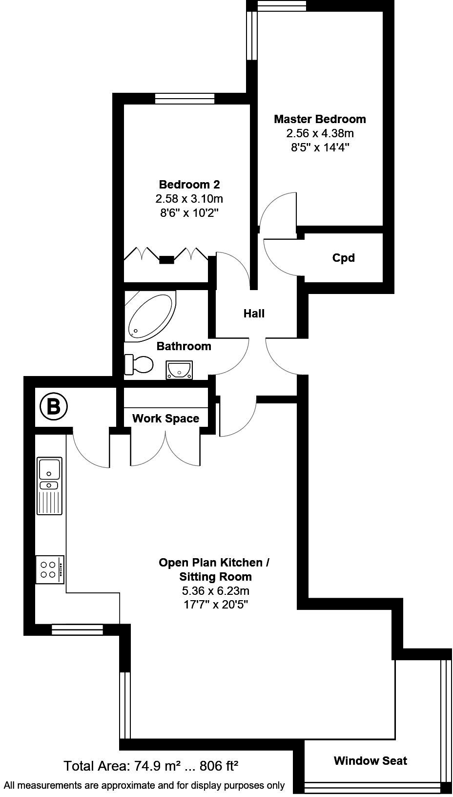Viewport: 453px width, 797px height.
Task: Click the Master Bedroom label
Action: tap(320, 119)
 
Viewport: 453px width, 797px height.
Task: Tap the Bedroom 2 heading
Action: tap(189, 185)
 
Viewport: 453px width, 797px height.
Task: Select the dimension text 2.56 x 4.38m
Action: tap(320, 133)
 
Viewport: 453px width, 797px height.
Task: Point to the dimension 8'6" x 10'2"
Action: tap(189, 213)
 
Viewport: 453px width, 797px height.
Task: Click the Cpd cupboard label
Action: tap(343, 258)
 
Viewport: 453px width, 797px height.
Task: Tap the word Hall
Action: tap(254, 314)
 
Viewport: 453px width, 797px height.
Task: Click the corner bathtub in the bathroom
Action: tap(149, 316)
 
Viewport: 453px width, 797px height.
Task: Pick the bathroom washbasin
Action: tap(179, 370)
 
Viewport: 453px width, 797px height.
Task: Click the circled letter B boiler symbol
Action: tap(53, 406)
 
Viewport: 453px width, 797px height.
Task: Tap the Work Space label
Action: tap(165, 419)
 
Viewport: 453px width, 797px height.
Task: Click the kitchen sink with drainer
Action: tap(49, 485)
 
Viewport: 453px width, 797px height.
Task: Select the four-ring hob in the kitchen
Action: tap(49, 569)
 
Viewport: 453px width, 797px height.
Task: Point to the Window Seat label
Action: tap(370, 760)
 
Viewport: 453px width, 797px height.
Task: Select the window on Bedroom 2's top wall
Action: tap(185, 99)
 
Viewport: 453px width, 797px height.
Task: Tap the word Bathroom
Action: tap(184, 346)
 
